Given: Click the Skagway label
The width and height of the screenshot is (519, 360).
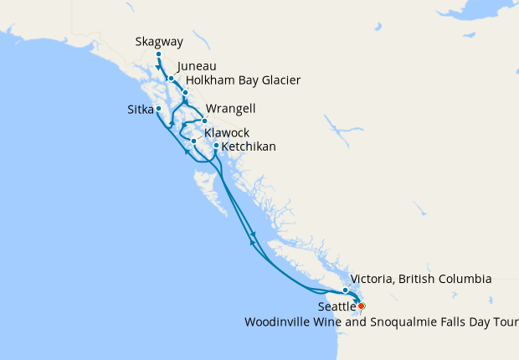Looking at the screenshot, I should (158, 41).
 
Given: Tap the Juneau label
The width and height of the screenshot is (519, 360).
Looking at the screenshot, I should (197, 65).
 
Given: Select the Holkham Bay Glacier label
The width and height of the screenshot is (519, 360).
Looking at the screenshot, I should (243, 80).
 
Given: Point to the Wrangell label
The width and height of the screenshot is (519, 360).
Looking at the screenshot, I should (230, 110).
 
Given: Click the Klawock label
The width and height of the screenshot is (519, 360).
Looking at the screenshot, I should (226, 133).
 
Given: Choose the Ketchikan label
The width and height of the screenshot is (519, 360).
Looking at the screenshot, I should (249, 147).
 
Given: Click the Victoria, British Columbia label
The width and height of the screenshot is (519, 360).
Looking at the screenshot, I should (421, 279).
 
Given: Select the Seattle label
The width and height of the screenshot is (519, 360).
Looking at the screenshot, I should (337, 307).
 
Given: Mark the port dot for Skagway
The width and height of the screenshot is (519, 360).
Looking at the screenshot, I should (158, 55).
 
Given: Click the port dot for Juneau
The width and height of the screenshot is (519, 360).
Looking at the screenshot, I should (171, 79).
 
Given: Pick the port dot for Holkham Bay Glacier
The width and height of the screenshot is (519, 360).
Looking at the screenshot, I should (186, 92).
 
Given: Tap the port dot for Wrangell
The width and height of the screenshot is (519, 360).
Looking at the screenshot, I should (204, 121).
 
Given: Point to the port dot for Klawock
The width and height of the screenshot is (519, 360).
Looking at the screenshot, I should (193, 141).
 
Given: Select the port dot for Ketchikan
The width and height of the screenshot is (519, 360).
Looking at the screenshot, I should (216, 146).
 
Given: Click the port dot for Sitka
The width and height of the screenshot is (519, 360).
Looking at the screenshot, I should (158, 109).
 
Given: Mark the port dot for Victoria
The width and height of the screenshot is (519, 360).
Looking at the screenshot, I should (345, 291).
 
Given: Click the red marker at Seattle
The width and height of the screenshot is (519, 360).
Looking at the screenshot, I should (361, 306).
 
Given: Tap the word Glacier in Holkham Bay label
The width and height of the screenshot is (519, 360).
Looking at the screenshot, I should (280, 80).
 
